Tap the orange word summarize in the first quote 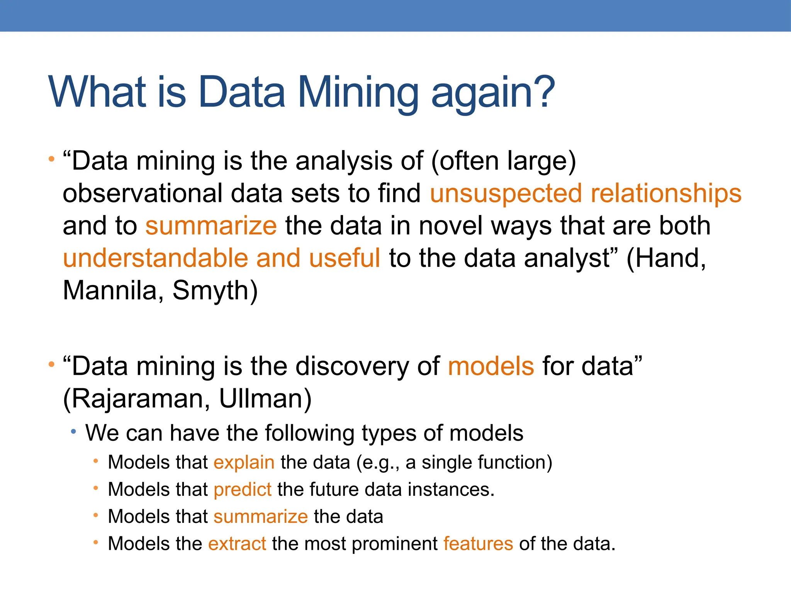click(x=211, y=226)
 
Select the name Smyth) click(x=215, y=290)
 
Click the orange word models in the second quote click(x=491, y=366)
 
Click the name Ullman click(x=265, y=399)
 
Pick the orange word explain click(x=244, y=463)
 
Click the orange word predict click(x=243, y=490)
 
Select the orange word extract click(x=237, y=544)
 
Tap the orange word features click(x=478, y=544)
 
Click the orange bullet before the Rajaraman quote click(x=51, y=364)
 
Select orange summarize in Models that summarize click(x=261, y=517)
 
